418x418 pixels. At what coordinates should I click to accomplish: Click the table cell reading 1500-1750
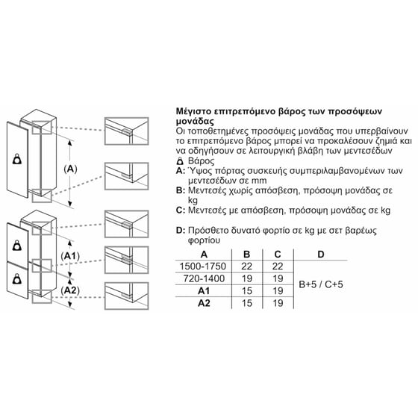tap(203, 266)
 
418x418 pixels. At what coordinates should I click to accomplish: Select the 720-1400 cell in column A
tap(204, 278)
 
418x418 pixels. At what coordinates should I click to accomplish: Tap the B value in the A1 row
tap(247, 291)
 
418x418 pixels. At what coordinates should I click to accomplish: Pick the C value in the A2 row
tap(278, 303)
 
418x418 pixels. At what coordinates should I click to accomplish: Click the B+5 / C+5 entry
tap(321, 284)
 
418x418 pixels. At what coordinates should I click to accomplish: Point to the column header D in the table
tap(321, 255)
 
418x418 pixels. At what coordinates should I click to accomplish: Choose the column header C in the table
tap(278, 255)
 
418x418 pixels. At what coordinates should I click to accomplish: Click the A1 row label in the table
tap(204, 291)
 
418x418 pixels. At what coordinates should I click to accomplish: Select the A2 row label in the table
tap(204, 303)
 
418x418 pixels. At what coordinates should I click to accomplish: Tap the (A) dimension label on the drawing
tap(70, 169)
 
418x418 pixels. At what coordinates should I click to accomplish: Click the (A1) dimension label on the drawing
tap(70, 256)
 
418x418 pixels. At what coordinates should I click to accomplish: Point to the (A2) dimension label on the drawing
tap(70, 290)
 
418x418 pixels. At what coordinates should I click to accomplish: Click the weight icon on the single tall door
tap(17, 159)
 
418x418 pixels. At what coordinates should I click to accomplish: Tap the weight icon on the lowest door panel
tap(17, 279)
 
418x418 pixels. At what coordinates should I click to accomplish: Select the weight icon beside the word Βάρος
tap(180, 161)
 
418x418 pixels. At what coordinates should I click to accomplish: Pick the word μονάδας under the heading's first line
tap(195, 122)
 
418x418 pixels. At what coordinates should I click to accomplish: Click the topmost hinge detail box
tap(126, 131)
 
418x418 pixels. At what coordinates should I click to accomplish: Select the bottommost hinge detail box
tap(126, 296)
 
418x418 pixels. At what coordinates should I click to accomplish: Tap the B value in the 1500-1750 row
tap(247, 266)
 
